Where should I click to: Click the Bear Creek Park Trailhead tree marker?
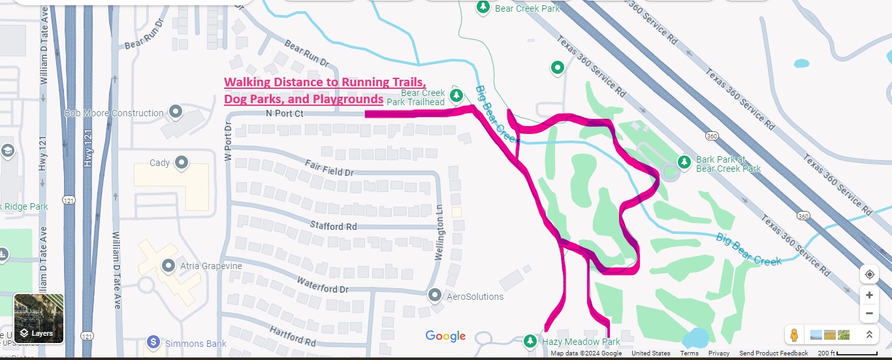[x=457, y=95]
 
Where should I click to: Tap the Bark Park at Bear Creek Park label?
[x=728, y=164]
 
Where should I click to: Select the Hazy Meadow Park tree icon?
[x=530, y=341]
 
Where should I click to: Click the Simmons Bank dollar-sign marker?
[x=153, y=342]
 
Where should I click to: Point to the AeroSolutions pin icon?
[x=435, y=296]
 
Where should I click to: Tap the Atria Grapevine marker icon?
[x=168, y=265]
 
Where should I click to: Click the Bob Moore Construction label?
[x=114, y=113]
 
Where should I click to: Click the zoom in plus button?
[x=869, y=295]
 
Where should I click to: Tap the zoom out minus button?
[x=869, y=313]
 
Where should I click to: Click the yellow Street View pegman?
[x=794, y=335]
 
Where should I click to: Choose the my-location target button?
[x=869, y=274]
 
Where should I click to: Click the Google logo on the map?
[x=445, y=336]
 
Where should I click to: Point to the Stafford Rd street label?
[x=333, y=226]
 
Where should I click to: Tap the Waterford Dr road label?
[x=323, y=285]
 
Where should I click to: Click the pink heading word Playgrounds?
[x=351, y=99]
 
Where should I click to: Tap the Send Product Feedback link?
[x=774, y=353]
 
